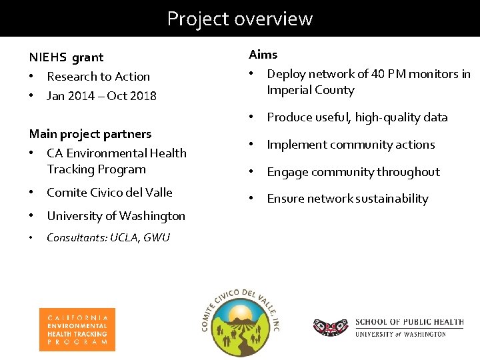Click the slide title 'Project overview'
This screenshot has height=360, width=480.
pyautogui.click(x=239, y=18)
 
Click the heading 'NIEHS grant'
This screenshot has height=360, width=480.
pyautogui.click(x=66, y=58)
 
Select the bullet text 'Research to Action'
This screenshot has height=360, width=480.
pyautogui.click(x=98, y=77)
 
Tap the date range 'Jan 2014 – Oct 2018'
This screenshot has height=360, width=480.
pyautogui.click(x=101, y=95)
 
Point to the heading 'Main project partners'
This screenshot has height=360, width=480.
pyautogui.click(x=90, y=134)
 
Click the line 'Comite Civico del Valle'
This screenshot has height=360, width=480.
pyautogui.click(x=109, y=193)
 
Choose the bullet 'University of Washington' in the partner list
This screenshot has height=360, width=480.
pyautogui.click(x=116, y=216)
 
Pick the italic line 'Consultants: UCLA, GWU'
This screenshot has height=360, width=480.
pyautogui.click(x=108, y=237)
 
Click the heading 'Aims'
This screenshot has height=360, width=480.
pyautogui.click(x=263, y=55)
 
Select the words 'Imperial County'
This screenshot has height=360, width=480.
pyautogui.click(x=310, y=90)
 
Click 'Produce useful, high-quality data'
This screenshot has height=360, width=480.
pyautogui.click(x=357, y=117)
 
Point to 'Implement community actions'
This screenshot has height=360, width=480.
pyautogui.click(x=351, y=145)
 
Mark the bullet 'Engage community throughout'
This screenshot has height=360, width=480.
pyautogui.click(x=353, y=172)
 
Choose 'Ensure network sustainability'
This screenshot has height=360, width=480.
pyautogui.click(x=347, y=199)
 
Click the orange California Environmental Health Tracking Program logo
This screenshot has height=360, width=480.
pyautogui.click(x=77, y=329)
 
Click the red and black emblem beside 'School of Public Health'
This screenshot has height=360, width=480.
pyautogui.click(x=330, y=327)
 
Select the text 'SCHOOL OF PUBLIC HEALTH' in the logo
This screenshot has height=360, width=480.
pyautogui.click(x=409, y=322)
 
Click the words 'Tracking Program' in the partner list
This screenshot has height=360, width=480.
pyautogui.click(x=96, y=169)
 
